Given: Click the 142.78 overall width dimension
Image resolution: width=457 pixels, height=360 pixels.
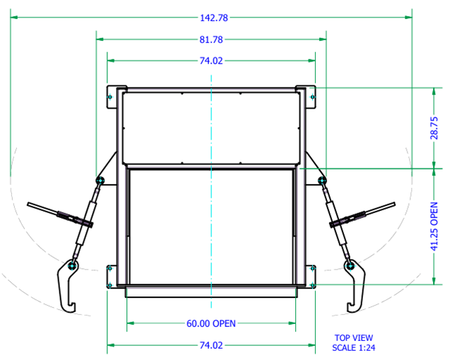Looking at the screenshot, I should coord(211,18).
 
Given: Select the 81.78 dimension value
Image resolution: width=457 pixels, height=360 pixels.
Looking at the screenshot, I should coord(211,40).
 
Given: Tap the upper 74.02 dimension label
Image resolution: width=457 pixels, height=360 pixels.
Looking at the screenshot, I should coord(211,61).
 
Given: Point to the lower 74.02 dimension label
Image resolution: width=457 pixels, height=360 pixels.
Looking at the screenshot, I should coord(211,345).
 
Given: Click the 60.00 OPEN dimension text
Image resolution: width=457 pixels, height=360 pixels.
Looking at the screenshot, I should coord(211,323).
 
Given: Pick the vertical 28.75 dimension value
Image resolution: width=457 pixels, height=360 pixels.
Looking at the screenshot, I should coord(434,128).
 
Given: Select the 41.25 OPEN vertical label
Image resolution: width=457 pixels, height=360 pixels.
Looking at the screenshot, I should coord(434,226).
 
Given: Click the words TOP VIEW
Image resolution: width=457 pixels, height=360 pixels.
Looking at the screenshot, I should coord(353,338).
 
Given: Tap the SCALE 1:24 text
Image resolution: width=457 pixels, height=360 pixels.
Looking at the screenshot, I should coord(353,347).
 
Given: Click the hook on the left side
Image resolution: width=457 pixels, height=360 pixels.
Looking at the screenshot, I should coord(67,286).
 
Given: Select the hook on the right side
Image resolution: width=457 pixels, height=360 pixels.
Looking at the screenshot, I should coord(354,286).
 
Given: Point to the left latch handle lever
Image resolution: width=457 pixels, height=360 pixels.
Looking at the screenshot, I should coord(53,211).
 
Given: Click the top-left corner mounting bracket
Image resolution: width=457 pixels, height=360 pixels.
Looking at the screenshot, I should coord(112,97).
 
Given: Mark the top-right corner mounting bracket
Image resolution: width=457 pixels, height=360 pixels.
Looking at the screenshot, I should coord(310,97).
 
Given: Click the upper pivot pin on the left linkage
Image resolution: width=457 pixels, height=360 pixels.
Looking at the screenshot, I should coord(100,181).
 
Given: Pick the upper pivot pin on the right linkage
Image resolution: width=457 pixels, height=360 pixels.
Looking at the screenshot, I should coord(323,181).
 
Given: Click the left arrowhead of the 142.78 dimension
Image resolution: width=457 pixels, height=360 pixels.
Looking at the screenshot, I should coord(13,18).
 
